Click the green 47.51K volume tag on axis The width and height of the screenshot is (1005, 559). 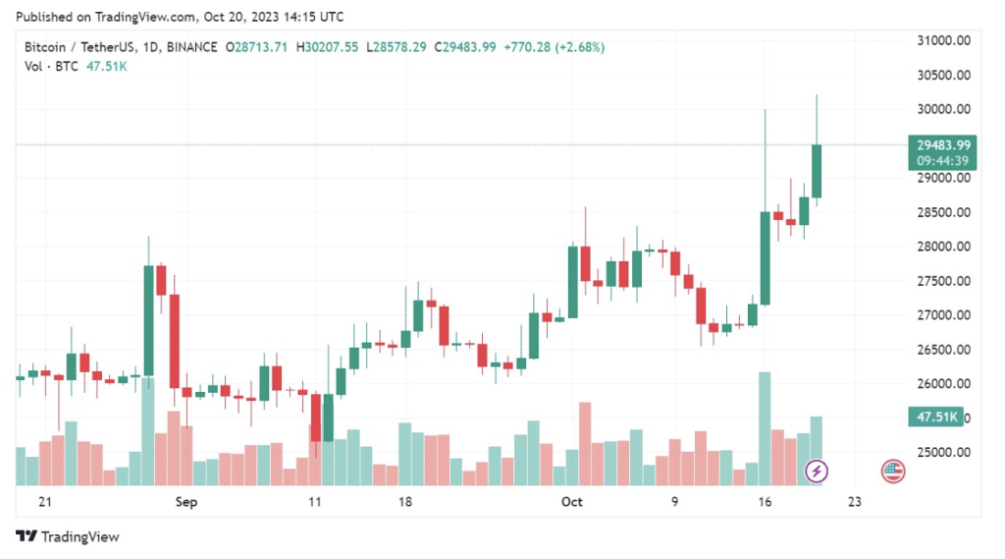tap(936, 418)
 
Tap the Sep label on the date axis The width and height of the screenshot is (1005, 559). tap(186, 501)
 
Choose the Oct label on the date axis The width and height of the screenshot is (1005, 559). tap(571, 501)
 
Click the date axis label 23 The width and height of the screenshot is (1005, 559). tap(854, 501)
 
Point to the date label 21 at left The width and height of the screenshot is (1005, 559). tap(43, 501)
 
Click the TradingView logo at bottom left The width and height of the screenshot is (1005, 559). tap(68, 536)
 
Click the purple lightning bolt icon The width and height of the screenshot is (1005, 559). tap(817, 471)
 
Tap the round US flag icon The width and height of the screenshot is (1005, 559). tap(893, 471)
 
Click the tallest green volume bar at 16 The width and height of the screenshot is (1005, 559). tap(765, 428)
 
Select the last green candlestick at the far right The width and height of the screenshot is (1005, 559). tap(817, 171)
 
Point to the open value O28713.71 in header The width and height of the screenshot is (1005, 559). tap(257, 47)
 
